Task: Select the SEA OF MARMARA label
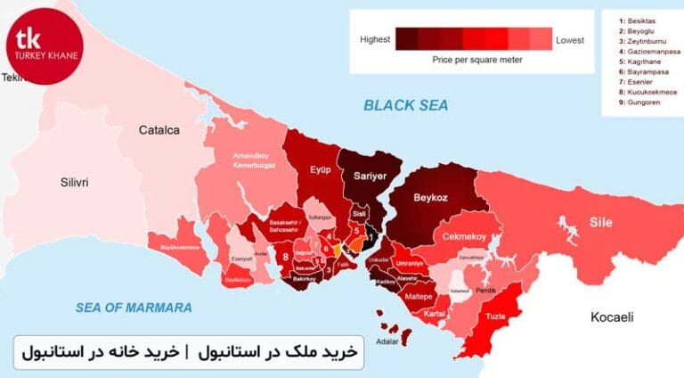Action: coord(134,308)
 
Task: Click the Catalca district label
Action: coord(159,130)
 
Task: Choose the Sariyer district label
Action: coord(370,176)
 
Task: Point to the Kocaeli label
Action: coord(613,317)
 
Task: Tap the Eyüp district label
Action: coord(320,170)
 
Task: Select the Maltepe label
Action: coord(418,295)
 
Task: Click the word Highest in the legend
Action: coord(376,40)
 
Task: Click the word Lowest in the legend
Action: coord(570,40)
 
